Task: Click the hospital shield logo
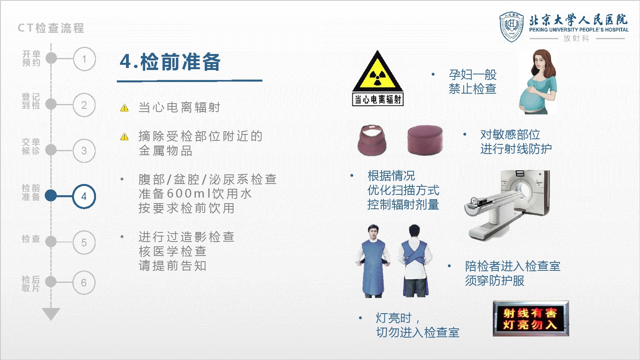pos(512,27)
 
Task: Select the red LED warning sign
pos(531,318)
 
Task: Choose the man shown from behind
pos(415,260)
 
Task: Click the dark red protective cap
pos(425,140)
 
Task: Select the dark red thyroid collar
pos(372,140)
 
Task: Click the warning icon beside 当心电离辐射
pos(124,108)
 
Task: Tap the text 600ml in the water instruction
pos(188,194)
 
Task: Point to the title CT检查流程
pos(51,28)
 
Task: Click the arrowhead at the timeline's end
pos(51,314)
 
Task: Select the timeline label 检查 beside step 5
pos(31,239)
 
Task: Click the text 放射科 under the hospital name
pos(576,38)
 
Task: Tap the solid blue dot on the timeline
pos(51,196)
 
